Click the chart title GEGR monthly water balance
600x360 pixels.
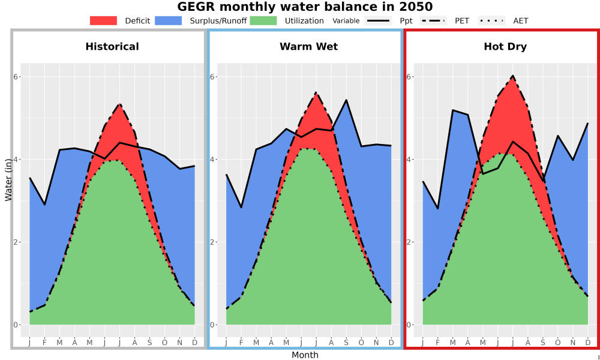pyautogui.click(x=305, y=7)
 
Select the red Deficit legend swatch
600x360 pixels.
pyautogui.click(x=103, y=20)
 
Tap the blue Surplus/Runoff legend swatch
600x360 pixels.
pyautogui.click(x=169, y=20)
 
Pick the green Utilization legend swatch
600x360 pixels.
pyautogui.click(x=263, y=20)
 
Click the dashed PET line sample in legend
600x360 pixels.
pyautogui.click(x=433, y=20)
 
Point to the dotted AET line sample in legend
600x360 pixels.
pyautogui.click(x=491, y=20)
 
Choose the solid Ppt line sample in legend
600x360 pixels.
pyautogui.click(x=378, y=20)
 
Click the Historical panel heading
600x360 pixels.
pyautogui.click(x=112, y=47)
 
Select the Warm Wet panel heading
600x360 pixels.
pyautogui.click(x=309, y=47)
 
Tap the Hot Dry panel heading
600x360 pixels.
pyautogui.click(x=505, y=47)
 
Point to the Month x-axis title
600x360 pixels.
pyautogui.click(x=305, y=355)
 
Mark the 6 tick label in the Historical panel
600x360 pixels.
pyautogui.click(x=16, y=77)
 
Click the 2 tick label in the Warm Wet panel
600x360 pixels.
pyautogui.click(x=212, y=242)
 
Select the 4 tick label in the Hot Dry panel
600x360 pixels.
pyautogui.click(x=409, y=160)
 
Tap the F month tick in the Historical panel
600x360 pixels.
pyautogui.click(x=44, y=343)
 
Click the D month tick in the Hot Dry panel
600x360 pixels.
pyautogui.click(x=588, y=343)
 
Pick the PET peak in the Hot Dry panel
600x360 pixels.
pyautogui.click(x=513, y=76)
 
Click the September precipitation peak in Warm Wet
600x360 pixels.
pyautogui.click(x=346, y=100)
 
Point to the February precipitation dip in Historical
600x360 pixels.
pyautogui.click(x=44, y=205)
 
